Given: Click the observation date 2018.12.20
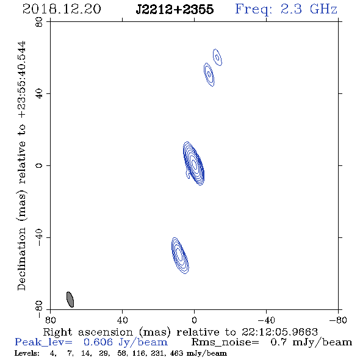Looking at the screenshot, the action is click(x=62, y=9).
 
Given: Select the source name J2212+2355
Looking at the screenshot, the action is click(x=175, y=9).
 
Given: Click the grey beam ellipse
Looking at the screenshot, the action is click(x=70, y=300).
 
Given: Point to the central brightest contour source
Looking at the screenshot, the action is click(x=194, y=164).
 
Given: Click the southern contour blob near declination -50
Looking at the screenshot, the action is click(x=180, y=256).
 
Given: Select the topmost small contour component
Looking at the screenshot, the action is click(x=217, y=57).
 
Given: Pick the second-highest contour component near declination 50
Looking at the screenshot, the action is click(x=209, y=74).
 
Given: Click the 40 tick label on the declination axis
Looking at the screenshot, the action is click(x=39, y=94).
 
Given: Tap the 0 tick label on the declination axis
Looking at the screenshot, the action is click(x=39, y=165).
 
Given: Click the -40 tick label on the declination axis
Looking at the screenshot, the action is click(x=39, y=237).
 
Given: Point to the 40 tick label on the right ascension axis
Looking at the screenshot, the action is click(x=122, y=320).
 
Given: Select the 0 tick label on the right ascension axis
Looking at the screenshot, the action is click(x=194, y=320).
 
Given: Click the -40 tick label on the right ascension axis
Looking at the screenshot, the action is click(x=266, y=320).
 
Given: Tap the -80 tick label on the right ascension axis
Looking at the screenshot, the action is click(x=338, y=320).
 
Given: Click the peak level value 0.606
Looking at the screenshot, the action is click(x=98, y=342).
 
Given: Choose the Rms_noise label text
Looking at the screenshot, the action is click(x=225, y=342).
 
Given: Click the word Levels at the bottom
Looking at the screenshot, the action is click(x=27, y=353).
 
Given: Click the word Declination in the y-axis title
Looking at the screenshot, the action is click(x=21, y=259).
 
